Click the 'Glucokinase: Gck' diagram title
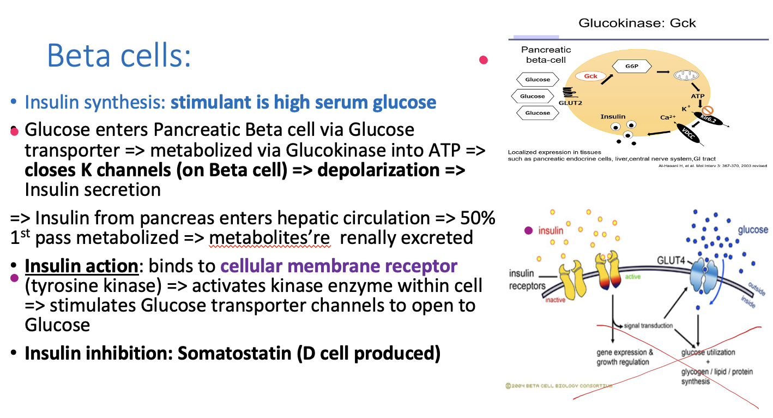pos(637,23)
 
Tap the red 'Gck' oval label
pos(591,76)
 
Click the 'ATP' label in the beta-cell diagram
pos(698,97)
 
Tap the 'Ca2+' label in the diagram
pos(668,117)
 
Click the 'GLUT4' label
pos(671,260)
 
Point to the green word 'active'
pos(633,277)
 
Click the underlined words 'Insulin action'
pos(81,266)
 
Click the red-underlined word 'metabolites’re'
pos(271,237)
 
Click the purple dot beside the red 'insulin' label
pos(528,230)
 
